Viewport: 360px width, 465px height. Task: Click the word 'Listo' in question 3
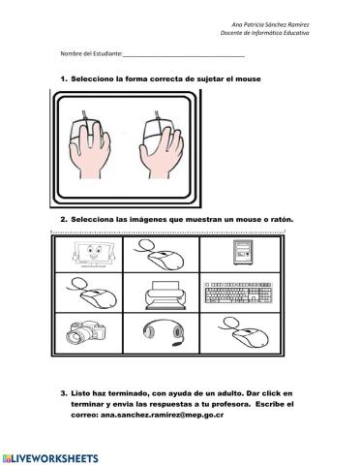coord(82,392)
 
